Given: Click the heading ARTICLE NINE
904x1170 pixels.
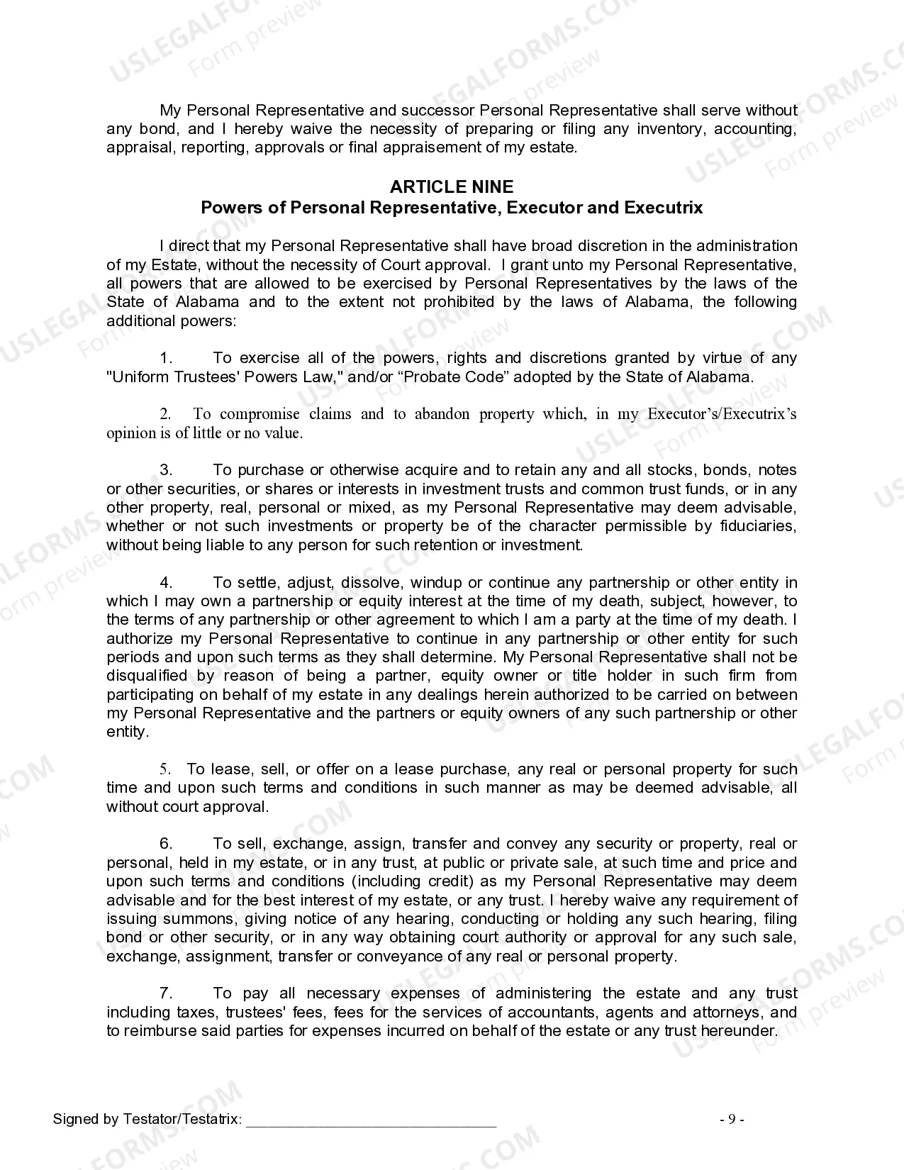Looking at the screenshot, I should tap(452, 186).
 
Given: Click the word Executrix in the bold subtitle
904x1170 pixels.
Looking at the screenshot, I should tap(664, 208).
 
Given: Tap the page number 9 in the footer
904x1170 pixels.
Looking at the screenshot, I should tap(732, 1120).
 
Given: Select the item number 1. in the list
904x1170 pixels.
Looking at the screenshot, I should tap(166, 358).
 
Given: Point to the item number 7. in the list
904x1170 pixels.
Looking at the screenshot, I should tap(166, 993).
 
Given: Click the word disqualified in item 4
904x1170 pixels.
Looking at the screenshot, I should tap(147, 676).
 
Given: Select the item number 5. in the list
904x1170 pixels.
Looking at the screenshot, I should tap(164, 769).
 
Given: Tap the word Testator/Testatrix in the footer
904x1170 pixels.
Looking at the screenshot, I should tap(182, 1120).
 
